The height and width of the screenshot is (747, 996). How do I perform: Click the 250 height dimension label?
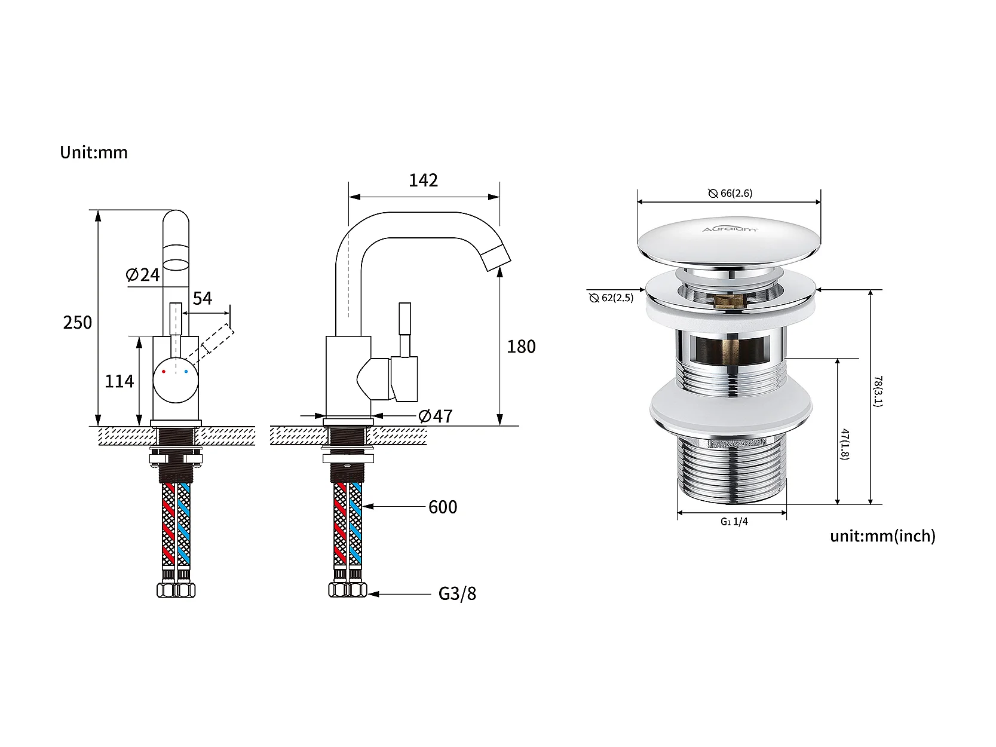pyautogui.click(x=78, y=323)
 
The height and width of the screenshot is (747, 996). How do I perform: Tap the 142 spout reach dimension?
pyautogui.click(x=424, y=180)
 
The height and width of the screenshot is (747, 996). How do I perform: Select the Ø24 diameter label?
pyautogui.click(x=143, y=275)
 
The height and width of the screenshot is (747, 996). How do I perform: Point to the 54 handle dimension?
pyautogui.click(x=203, y=299)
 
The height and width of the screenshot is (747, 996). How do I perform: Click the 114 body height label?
pyautogui.click(x=119, y=381)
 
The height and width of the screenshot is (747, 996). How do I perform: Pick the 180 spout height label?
pyautogui.click(x=522, y=347)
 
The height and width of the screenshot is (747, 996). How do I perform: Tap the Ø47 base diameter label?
pyautogui.click(x=436, y=416)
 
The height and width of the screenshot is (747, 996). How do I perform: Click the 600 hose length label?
pyautogui.click(x=443, y=507)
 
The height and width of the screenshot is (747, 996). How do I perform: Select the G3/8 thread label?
pyautogui.click(x=458, y=593)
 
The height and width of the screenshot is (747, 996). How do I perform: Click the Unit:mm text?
pyautogui.click(x=94, y=152)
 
